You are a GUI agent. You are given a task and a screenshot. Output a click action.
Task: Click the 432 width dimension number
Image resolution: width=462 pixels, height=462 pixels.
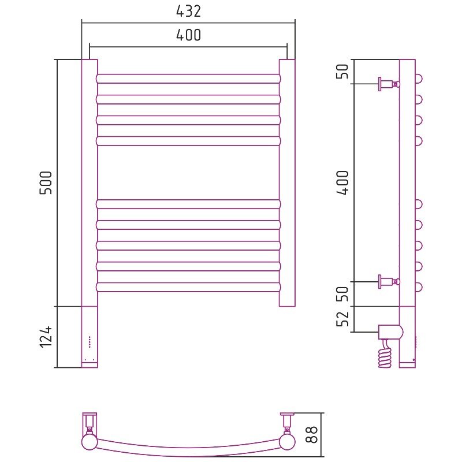point(189,12)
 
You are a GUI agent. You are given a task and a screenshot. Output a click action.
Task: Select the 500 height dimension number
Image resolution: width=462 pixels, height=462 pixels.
point(46,182)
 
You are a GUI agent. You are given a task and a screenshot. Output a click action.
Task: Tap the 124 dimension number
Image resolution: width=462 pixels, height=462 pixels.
point(46,337)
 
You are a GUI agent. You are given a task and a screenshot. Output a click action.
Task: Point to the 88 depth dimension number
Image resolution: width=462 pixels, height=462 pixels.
point(311,434)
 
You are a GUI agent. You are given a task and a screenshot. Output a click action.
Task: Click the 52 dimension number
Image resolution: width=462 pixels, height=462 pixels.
point(342,319)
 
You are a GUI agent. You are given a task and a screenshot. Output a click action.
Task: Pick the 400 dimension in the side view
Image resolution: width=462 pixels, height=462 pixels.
point(342,182)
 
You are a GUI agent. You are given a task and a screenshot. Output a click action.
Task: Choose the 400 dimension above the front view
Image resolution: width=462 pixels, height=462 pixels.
point(189,35)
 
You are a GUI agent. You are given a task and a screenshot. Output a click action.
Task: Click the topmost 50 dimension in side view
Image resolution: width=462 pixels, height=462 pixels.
point(342,71)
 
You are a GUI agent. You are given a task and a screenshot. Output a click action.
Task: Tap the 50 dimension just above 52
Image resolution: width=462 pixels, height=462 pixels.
point(342,294)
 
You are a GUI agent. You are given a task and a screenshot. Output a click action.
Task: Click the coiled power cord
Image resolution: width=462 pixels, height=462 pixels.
point(385,355)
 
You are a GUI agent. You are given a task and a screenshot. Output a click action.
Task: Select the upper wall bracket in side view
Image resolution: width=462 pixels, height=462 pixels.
point(389,84)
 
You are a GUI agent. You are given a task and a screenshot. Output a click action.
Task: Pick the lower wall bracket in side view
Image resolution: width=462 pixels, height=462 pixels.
point(389,282)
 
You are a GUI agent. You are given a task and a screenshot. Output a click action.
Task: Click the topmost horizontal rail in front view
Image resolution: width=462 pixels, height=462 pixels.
point(189,79)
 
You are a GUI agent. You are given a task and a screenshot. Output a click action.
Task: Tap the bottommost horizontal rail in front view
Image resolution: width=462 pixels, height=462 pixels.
point(189,287)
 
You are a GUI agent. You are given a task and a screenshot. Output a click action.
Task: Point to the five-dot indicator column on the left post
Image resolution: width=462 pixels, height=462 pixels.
point(90,342)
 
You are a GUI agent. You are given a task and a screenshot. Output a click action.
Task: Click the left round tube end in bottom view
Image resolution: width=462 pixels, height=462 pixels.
point(90,442)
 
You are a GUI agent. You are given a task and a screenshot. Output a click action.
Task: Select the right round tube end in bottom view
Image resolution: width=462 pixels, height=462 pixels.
point(287,442)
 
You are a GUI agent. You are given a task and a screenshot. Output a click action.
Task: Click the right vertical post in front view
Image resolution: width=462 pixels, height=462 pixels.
point(287,183)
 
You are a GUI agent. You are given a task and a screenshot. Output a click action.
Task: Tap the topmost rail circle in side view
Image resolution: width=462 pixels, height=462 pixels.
point(419,79)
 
